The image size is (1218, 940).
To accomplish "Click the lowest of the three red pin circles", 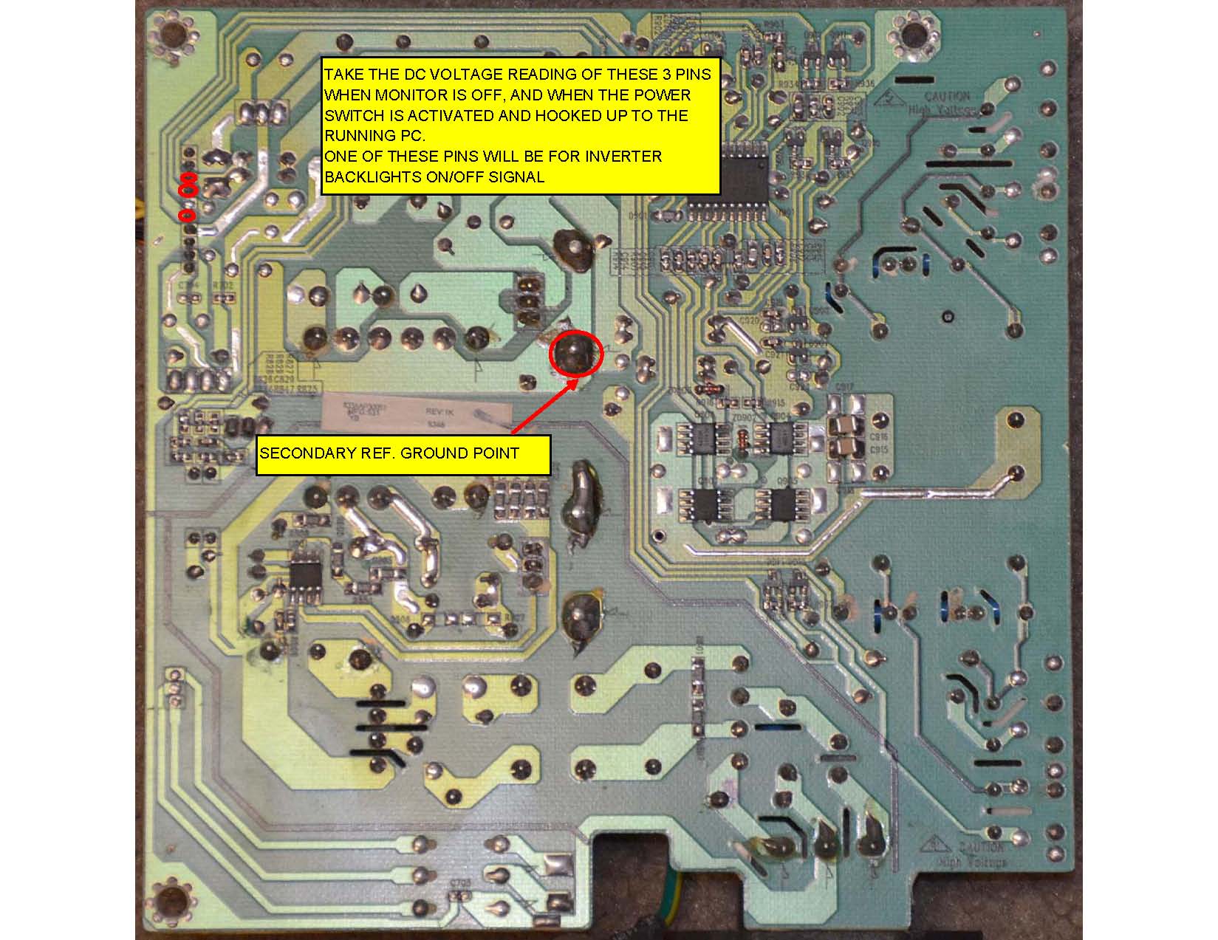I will pos(187,216).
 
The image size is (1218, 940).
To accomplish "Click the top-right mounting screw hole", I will pos(914,35).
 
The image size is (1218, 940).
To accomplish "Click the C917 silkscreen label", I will pos(844,387).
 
